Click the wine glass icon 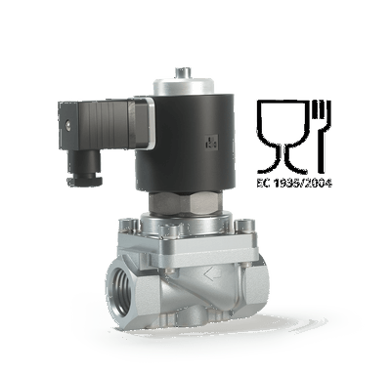click(282, 137)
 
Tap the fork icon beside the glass click(322, 137)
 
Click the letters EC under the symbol click(263, 184)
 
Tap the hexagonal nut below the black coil click(185, 202)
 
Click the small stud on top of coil click(183, 72)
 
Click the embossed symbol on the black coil click(212, 143)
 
